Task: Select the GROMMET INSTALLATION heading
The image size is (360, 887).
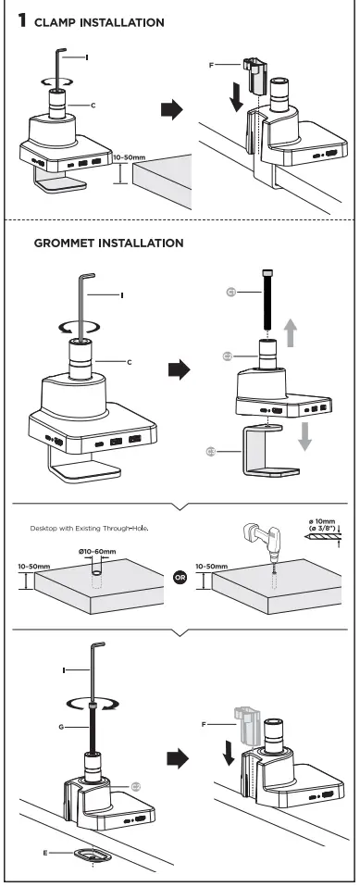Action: tap(108, 244)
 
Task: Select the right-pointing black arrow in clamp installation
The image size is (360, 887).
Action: tap(172, 110)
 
